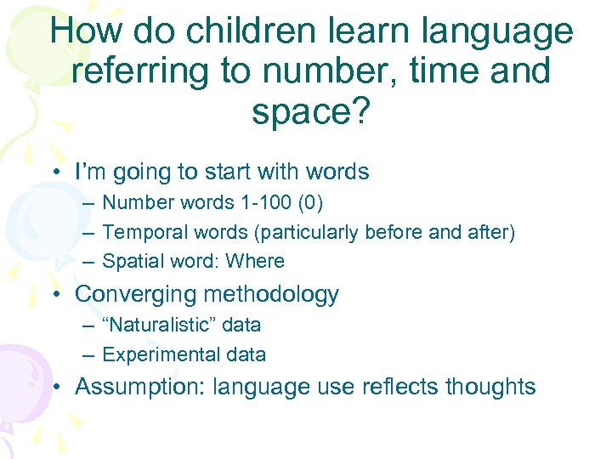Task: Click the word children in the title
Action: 227,33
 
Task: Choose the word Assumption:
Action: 140,388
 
